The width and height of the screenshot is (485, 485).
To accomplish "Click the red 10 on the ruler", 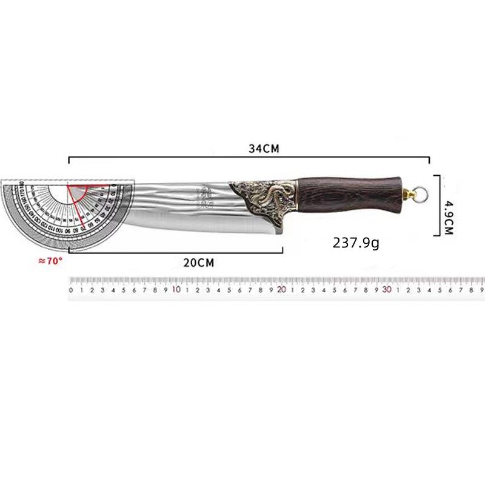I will pyautogui.click(x=176, y=290).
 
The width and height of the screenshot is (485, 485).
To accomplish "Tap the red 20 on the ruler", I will pyautogui.click(x=281, y=290).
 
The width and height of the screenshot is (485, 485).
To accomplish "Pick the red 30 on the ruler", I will pyautogui.click(x=387, y=290).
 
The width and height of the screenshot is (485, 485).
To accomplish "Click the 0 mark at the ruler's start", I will pyautogui.click(x=72, y=290).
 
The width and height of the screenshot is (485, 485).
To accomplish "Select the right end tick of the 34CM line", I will pyautogui.click(x=429, y=160).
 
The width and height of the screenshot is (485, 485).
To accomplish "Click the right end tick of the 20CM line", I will pyautogui.click(x=282, y=249).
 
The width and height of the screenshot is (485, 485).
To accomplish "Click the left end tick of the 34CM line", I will pyautogui.click(x=69, y=160).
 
